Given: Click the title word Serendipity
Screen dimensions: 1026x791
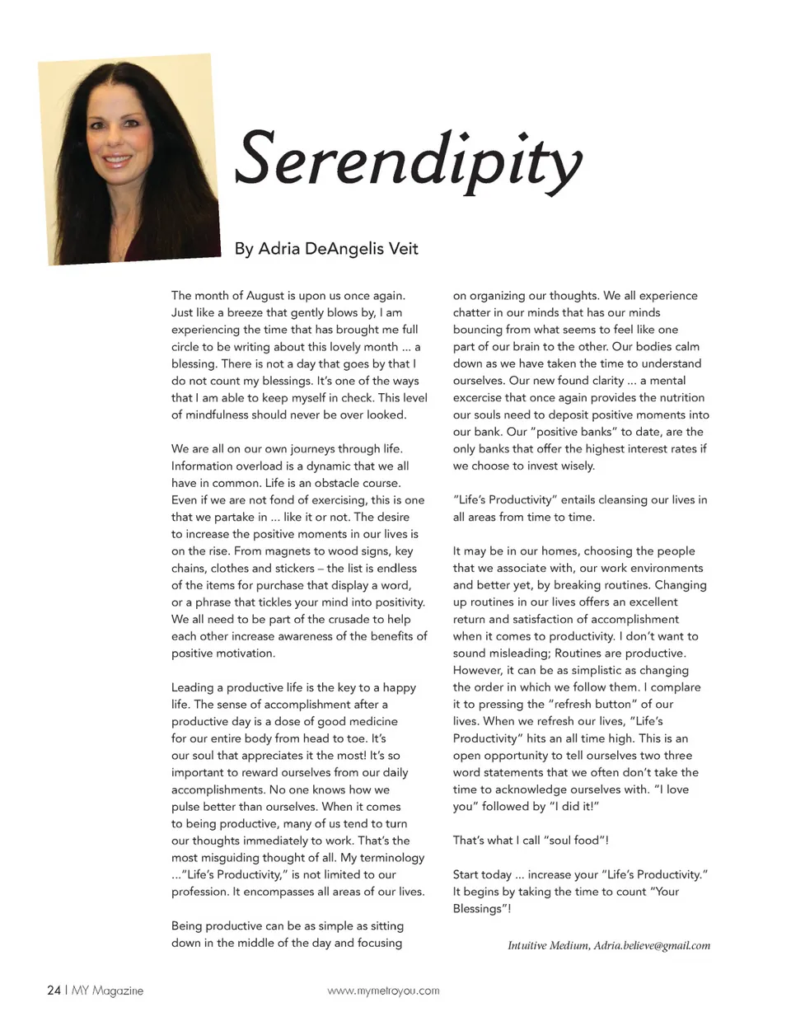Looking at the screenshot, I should coord(408,161).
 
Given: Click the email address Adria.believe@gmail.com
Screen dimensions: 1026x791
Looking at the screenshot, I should coord(652,945).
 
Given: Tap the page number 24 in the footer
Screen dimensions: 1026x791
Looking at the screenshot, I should coord(54,991).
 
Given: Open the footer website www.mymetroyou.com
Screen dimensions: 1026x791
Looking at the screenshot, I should coord(383,991).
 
